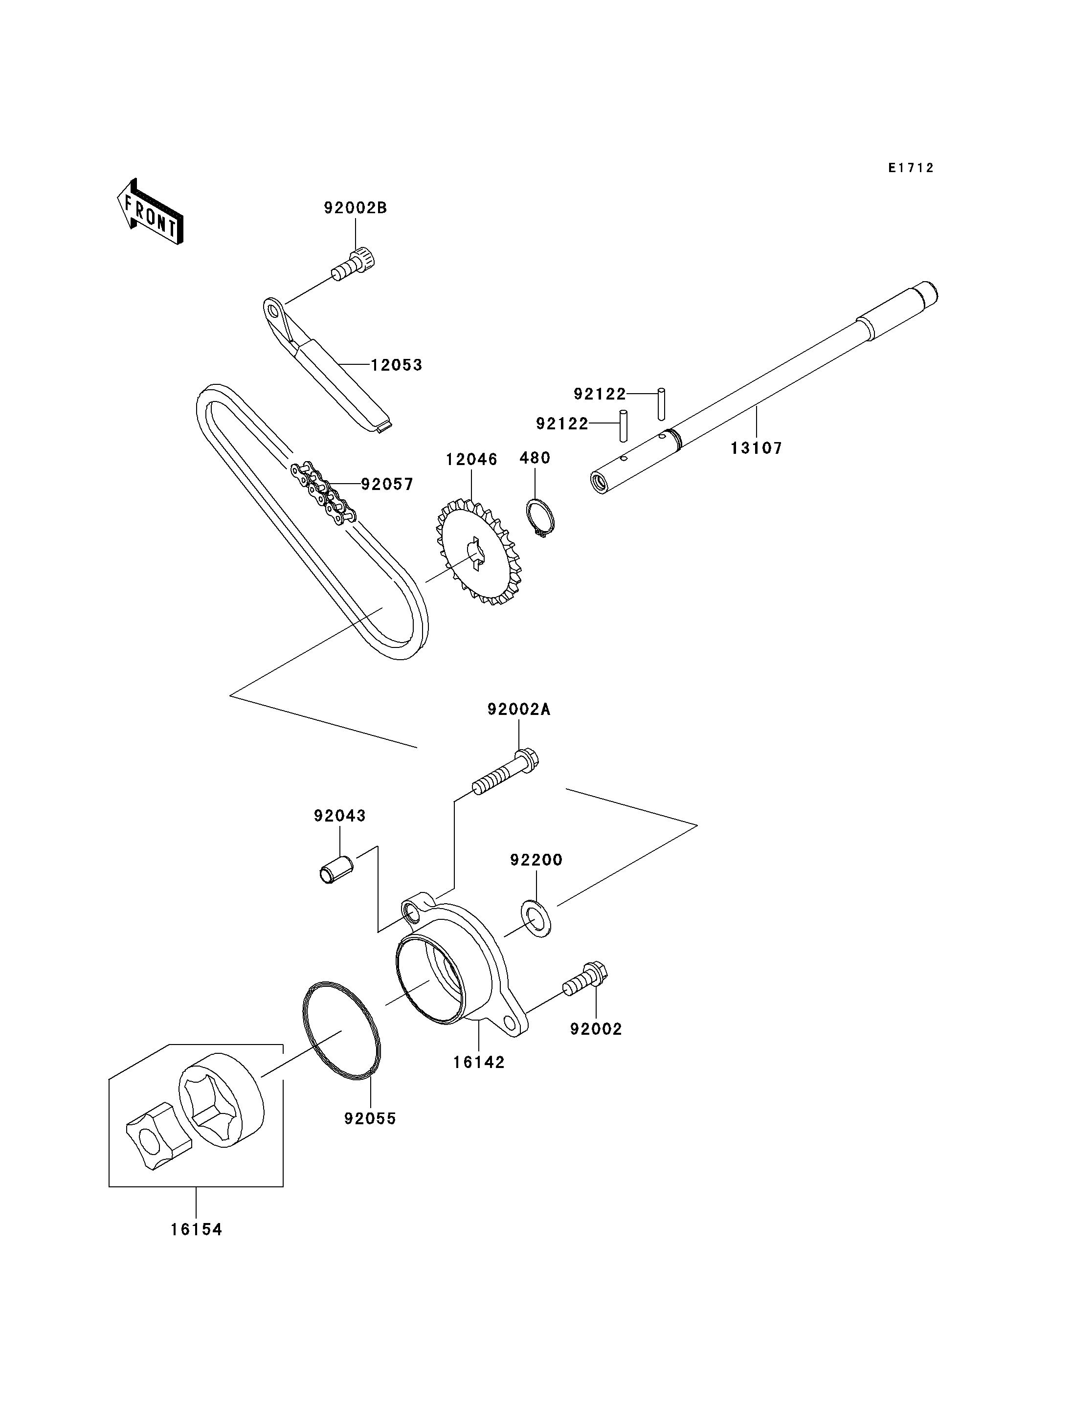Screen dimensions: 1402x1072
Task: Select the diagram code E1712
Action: tap(911, 168)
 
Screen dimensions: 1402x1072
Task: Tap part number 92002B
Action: tap(356, 208)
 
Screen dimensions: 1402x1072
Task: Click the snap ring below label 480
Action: tap(540, 518)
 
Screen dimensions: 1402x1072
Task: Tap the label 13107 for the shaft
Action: tap(756, 448)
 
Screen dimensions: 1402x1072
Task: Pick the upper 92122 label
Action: tap(600, 394)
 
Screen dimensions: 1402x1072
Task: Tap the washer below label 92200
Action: tap(536, 918)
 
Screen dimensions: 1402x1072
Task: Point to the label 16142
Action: tap(479, 1063)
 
